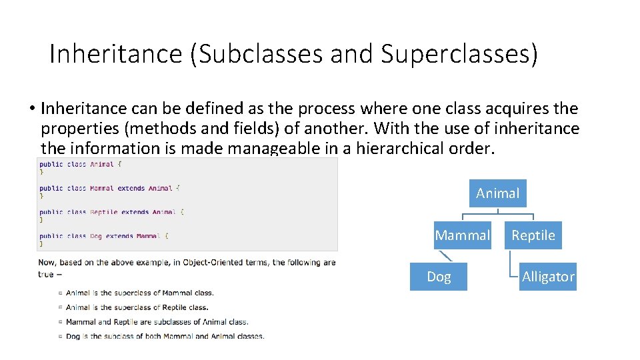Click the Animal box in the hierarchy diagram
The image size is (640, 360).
[497, 193]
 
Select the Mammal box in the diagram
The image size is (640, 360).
[462, 235]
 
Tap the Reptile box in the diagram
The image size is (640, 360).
[533, 235]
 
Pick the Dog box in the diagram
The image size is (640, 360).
[439, 277]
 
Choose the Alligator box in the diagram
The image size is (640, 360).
[548, 277]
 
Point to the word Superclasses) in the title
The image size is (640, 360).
[459, 54]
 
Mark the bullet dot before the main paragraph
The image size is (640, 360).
[32, 109]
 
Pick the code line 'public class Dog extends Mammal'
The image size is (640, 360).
[103, 236]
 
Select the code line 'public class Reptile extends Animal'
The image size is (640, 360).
[111, 212]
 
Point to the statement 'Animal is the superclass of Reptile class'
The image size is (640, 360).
[137, 307]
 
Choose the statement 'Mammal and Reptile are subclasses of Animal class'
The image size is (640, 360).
[157, 322]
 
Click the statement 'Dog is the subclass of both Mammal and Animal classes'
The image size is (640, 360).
[165, 337]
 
